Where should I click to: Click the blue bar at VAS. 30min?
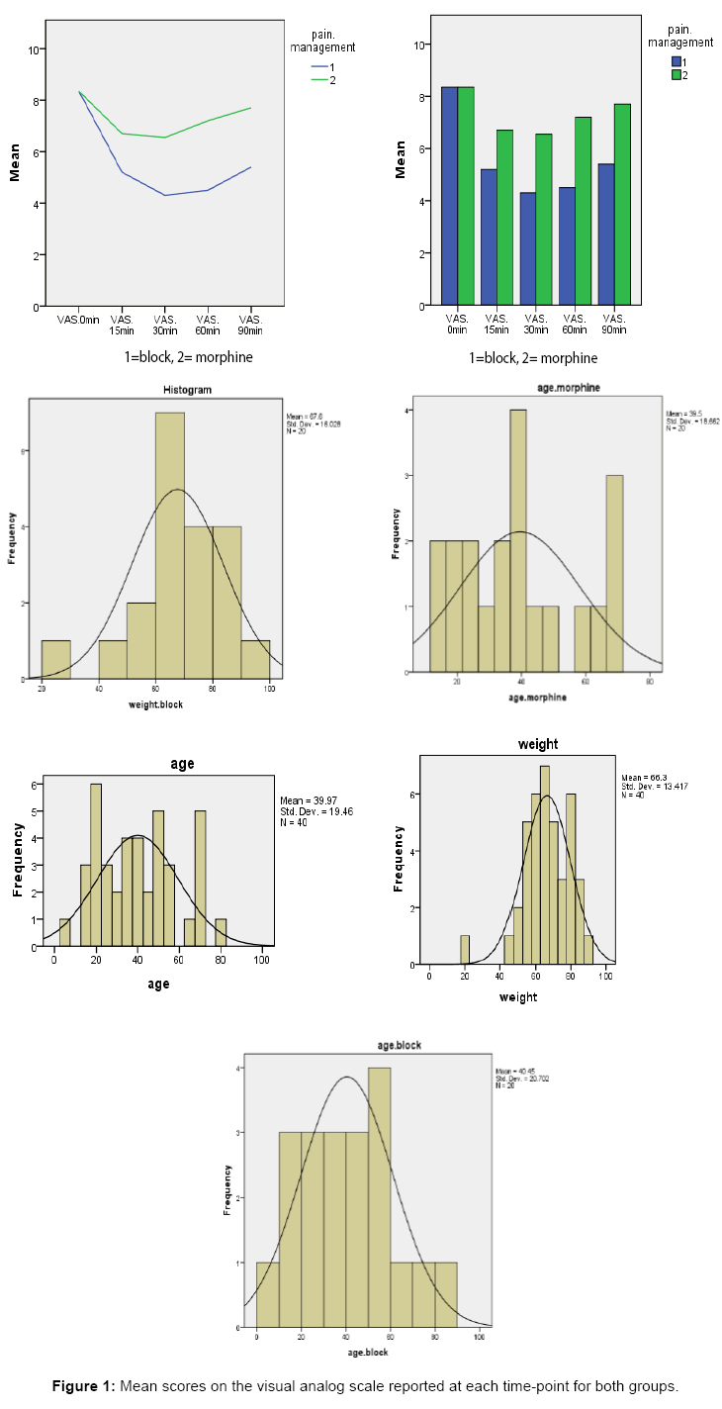click(x=528, y=247)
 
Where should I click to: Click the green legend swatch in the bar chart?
click(x=677, y=74)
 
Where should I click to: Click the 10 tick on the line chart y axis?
click(x=36, y=48)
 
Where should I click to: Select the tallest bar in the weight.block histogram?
click(x=169, y=545)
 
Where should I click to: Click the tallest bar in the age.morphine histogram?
click(x=518, y=540)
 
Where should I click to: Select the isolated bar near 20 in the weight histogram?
click(x=465, y=949)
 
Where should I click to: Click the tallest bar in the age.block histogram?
click(x=379, y=1196)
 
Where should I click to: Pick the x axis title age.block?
click(x=367, y=1351)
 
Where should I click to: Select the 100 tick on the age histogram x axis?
click(x=262, y=959)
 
